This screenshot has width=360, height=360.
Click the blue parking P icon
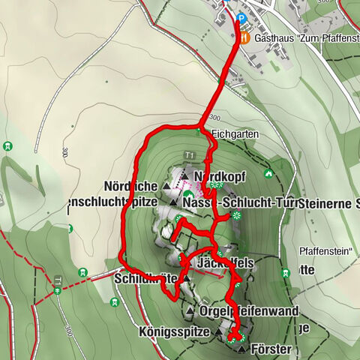[x=241, y=19]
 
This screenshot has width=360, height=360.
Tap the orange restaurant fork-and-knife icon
[x=241, y=37]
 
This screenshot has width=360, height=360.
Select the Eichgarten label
[x=235, y=134]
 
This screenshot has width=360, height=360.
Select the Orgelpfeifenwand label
[x=250, y=310]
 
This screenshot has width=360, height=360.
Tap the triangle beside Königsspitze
[x=218, y=330]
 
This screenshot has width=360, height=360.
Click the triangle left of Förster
[x=241, y=349]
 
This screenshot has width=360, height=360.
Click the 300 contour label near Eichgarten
[x=215, y=118]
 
